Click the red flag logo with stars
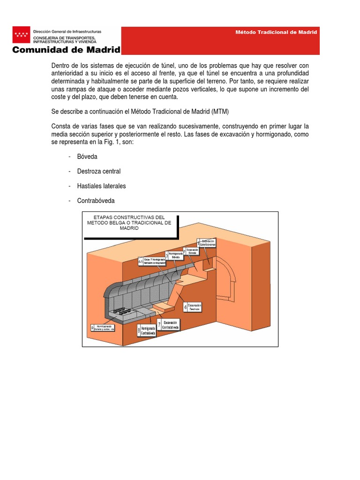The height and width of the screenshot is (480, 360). click(21, 34)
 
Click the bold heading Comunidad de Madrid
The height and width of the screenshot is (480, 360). click(66, 50)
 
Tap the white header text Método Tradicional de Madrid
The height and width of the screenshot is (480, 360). click(276, 32)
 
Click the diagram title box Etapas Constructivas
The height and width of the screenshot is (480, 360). click(129, 223)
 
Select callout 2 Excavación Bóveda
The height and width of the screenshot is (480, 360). click(193, 252)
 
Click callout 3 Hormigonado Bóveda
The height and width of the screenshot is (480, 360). click(174, 255)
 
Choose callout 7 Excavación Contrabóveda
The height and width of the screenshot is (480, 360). click(169, 325)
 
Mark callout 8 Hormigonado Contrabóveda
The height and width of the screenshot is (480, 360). click(146, 330)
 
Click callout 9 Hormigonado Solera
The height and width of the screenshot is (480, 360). click(103, 329)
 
